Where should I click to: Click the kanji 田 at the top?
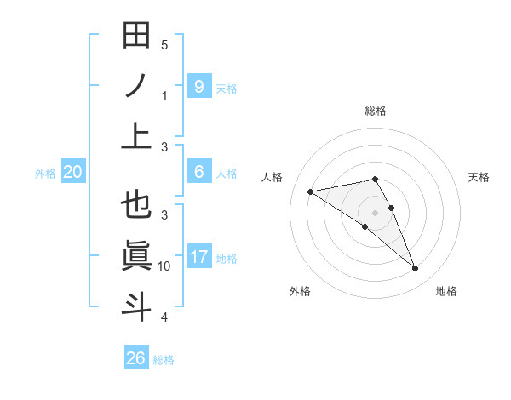[136, 36]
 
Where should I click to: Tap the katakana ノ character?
[136, 86]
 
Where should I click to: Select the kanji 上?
[136, 135]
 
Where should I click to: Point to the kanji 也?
[136, 205]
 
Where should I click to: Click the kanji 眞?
[136, 255]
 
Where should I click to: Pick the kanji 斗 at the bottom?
[136, 306]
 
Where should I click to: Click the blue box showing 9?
[198, 86]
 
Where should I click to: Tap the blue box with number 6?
[198, 172]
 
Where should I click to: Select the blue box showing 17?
[198, 256]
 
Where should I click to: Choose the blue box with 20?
[73, 172]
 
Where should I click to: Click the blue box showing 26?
[136, 358]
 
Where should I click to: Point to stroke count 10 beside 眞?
[164, 266]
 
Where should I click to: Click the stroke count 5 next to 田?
[164, 45]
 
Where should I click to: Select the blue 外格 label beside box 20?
[45, 174]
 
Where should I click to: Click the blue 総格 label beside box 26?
[164, 360]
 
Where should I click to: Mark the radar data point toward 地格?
[416, 269]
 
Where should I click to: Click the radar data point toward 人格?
[311, 191]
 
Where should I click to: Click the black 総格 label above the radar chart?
[376, 111]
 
